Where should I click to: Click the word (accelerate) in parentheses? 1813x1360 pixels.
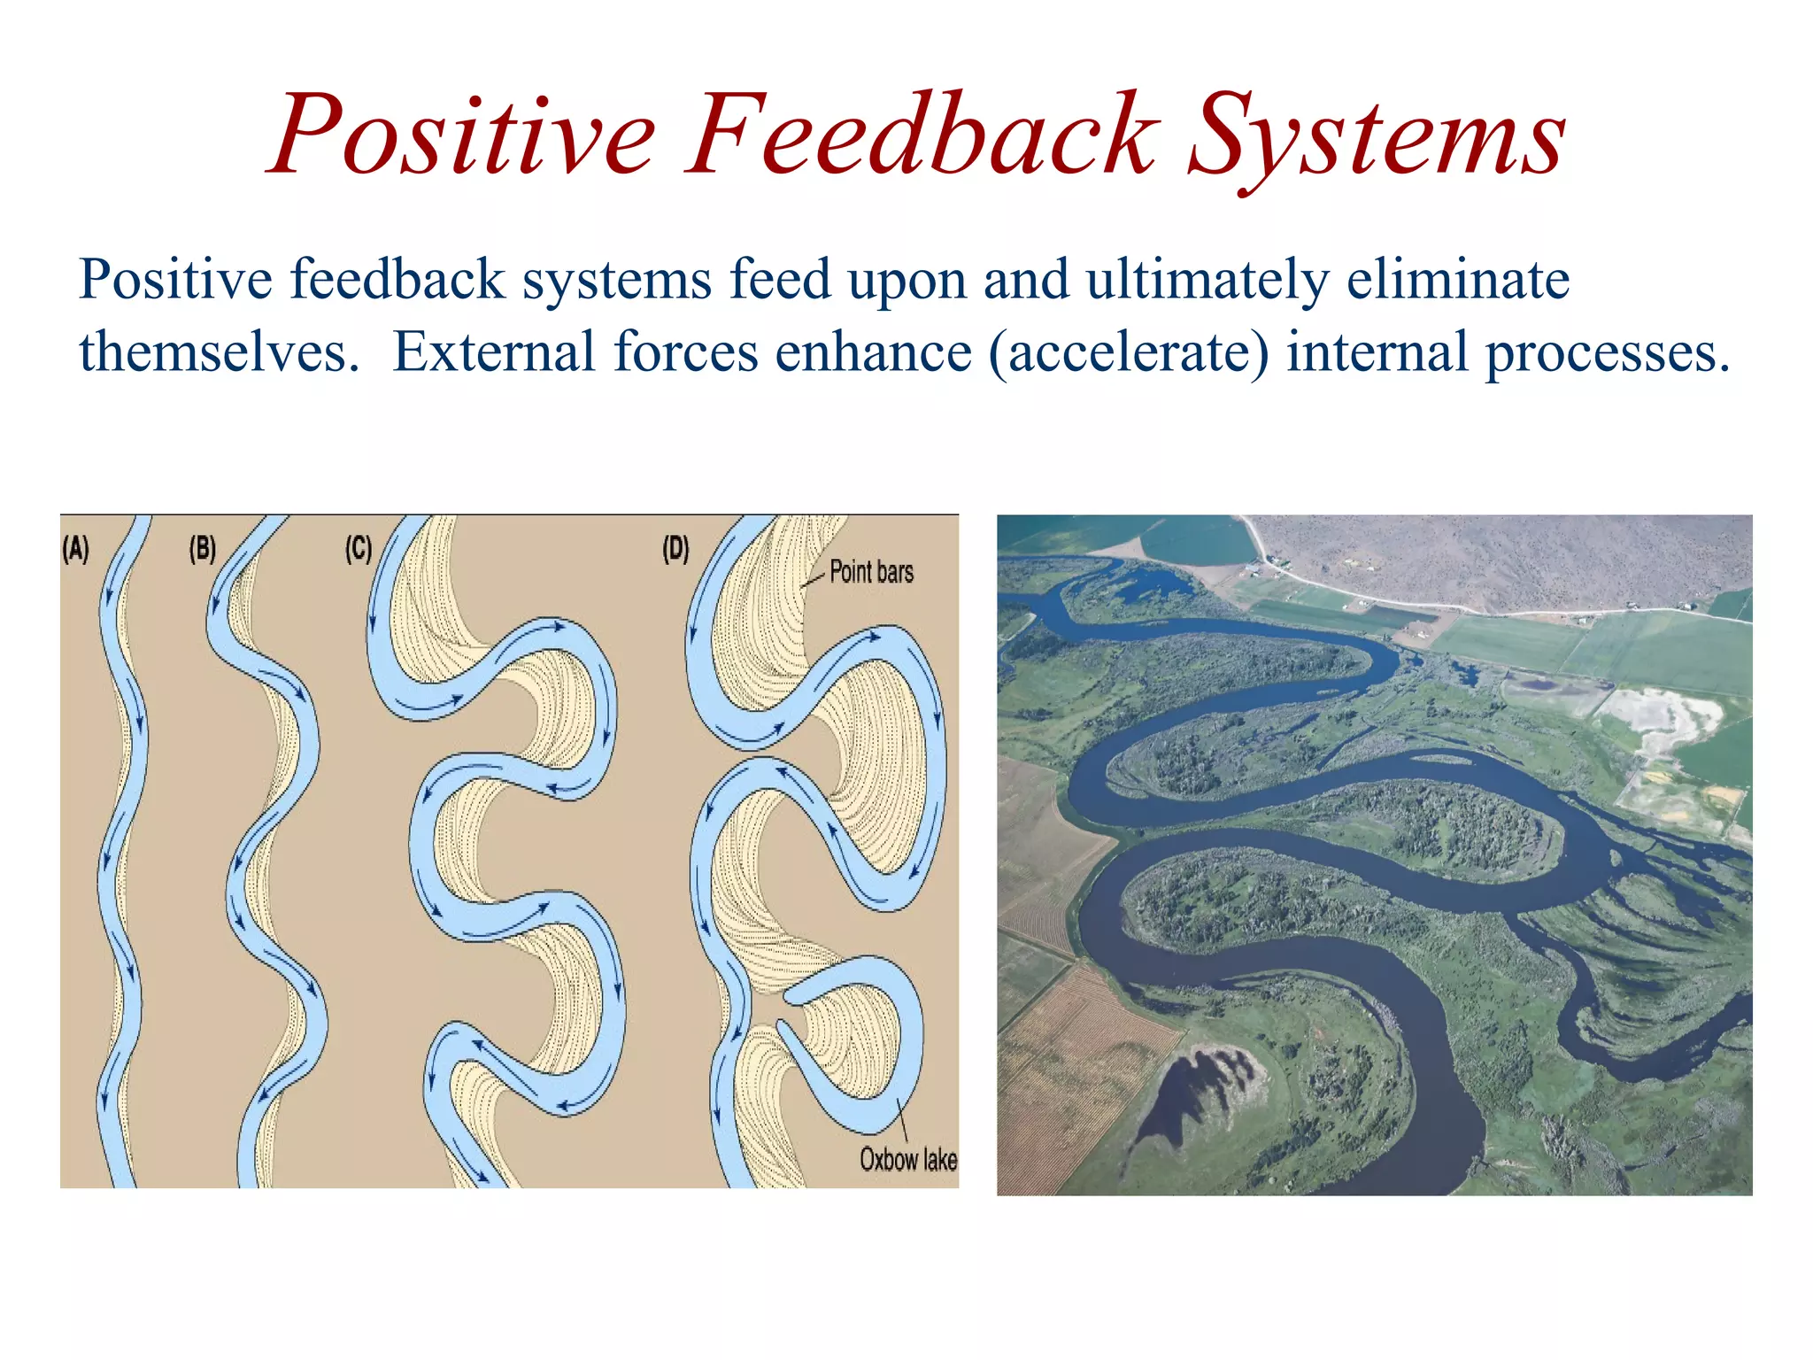1128,353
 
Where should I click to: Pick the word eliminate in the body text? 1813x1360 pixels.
1458,280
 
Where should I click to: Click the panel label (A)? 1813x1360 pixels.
76,549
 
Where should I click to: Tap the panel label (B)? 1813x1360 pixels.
203,549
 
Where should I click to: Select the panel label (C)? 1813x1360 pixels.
358,549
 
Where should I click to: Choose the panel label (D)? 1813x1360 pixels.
675,549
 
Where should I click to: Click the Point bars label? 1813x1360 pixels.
871,572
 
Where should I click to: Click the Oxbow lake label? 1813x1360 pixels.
908,1159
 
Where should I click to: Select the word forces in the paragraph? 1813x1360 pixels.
685,352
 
